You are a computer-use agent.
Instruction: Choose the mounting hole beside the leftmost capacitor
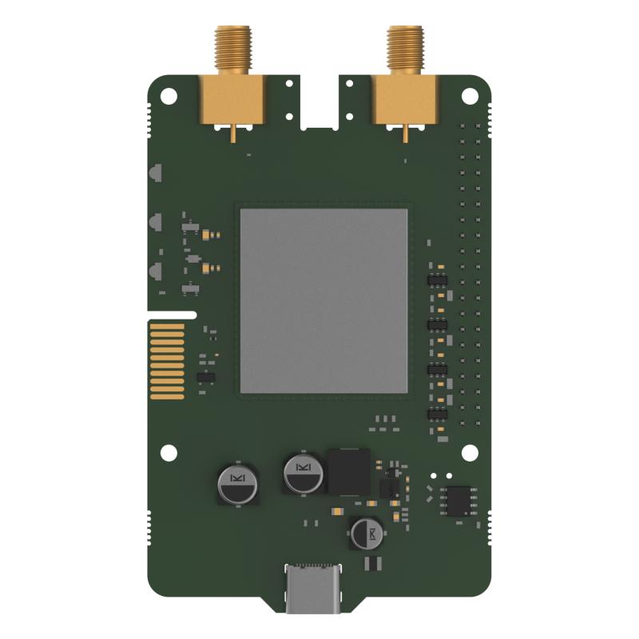(169, 452)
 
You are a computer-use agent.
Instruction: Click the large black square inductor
(349, 472)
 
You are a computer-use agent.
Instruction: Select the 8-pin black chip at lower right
(458, 500)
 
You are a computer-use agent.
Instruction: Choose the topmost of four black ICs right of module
(438, 280)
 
